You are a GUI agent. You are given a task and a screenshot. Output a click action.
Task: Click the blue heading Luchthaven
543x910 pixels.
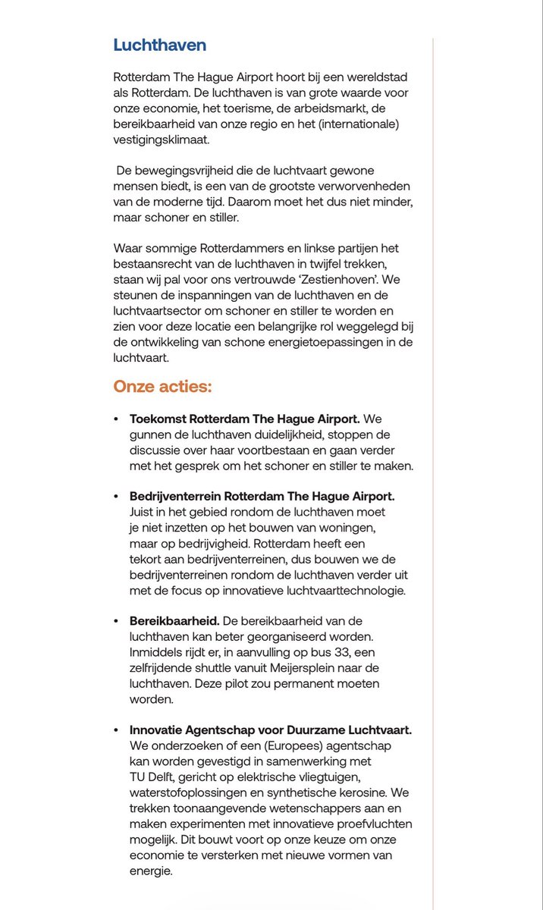coord(159,45)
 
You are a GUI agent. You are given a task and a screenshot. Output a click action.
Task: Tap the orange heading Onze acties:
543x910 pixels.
coord(162,387)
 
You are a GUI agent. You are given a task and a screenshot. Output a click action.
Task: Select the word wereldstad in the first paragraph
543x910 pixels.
coord(375,78)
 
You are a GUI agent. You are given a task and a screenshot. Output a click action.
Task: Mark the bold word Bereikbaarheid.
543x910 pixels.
coord(174,621)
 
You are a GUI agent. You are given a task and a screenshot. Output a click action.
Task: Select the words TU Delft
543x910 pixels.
coord(155,777)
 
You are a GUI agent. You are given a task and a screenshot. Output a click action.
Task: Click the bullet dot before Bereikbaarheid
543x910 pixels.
coord(116,621)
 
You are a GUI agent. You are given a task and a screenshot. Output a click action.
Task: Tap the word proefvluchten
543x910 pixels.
coord(370,824)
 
